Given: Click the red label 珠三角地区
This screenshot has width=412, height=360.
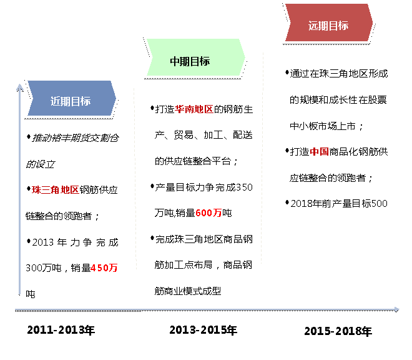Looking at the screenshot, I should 56,190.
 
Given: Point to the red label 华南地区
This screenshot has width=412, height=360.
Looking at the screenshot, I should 194,109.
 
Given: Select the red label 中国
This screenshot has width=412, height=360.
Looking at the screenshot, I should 319,152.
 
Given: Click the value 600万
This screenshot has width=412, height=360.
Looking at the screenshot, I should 208,213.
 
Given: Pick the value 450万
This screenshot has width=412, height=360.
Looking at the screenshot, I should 104,268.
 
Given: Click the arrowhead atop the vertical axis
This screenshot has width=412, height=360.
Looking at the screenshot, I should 20,86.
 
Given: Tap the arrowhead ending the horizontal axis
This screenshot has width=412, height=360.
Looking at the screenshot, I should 396,309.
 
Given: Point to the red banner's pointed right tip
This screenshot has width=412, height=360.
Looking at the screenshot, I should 373,22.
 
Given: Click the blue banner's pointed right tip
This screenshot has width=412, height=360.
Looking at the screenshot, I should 116,97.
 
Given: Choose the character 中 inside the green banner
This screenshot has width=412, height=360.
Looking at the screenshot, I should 175,61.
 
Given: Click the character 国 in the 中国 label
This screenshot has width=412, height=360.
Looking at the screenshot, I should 324,152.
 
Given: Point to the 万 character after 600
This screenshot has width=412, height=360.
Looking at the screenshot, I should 217,213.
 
